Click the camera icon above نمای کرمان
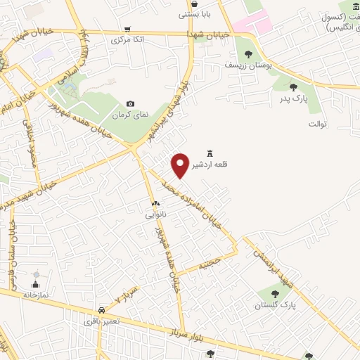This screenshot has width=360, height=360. pos(130,104)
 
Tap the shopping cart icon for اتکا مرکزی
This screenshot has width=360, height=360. pos(127,29)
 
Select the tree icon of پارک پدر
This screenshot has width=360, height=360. pos(292,87)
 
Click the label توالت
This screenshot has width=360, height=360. pos(318,124)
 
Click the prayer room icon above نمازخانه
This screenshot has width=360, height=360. pos(36,285)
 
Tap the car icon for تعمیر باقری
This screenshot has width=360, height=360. pos(102,309)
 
